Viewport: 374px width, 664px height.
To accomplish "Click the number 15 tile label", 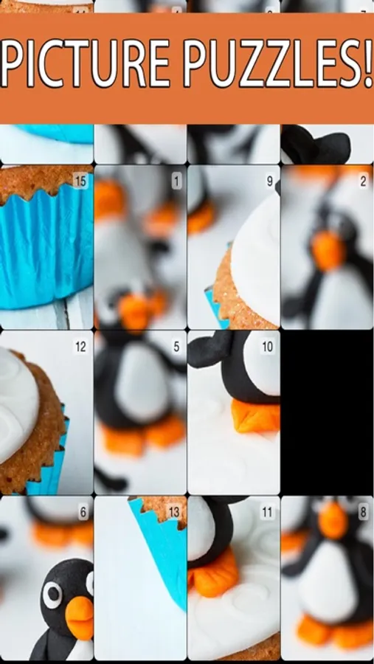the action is pyautogui.click(x=80, y=181).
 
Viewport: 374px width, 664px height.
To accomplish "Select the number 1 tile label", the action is pyautogui.click(x=176, y=181).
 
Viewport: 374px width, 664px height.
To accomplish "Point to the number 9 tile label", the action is pyautogui.click(x=270, y=181).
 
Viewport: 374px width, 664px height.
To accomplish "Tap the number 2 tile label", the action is pyautogui.click(x=364, y=181).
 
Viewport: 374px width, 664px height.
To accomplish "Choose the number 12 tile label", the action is pyautogui.click(x=80, y=347).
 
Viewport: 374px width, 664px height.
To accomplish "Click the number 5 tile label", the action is pyautogui.click(x=176, y=347).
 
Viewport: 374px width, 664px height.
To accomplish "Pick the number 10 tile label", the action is pyautogui.click(x=267, y=347).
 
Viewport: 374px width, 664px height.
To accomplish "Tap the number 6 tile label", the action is pyautogui.click(x=83, y=513).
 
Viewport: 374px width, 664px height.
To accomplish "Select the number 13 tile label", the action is pyautogui.click(x=174, y=513).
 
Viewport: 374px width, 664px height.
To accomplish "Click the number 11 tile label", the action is pyautogui.click(x=267, y=513).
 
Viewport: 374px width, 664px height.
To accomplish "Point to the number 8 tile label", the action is pyautogui.click(x=364, y=513).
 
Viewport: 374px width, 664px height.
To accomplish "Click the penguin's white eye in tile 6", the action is pyautogui.click(x=52, y=595).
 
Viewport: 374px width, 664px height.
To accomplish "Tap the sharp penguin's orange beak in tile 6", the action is pyautogui.click(x=80, y=618).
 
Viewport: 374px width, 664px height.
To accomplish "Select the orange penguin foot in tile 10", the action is pyautogui.click(x=255, y=416).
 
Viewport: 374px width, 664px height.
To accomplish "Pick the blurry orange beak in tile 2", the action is pyautogui.click(x=328, y=251).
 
